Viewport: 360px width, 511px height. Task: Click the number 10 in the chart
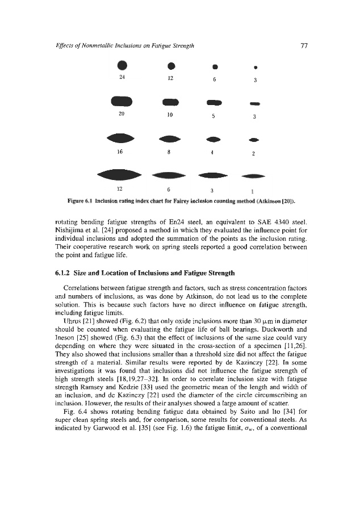[x=170, y=116]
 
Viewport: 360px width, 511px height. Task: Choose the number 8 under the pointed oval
[x=170, y=152]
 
